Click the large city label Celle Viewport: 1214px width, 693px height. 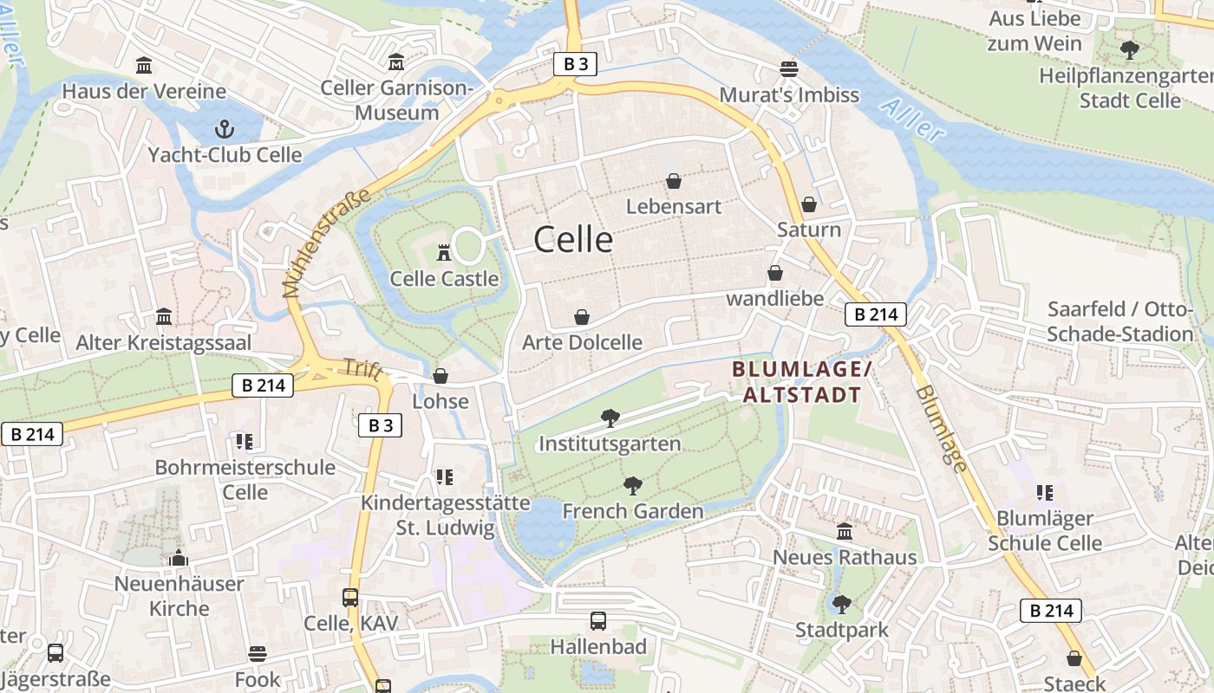tap(573, 239)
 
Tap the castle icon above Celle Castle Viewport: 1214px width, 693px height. tap(444, 252)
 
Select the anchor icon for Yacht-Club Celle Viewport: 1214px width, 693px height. tap(225, 130)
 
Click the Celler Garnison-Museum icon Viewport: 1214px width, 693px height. tap(396, 62)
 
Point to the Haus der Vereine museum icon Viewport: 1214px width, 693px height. tap(144, 66)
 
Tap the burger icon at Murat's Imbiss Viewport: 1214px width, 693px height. tap(788, 69)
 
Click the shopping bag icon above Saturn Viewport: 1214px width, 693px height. tap(808, 204)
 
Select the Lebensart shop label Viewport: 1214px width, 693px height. tap(673, 207)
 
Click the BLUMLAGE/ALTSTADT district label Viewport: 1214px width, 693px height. tap(801, 382)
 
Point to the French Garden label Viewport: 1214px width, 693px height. tap(633, 511)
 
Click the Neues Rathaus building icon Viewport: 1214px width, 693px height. tap(844, 532)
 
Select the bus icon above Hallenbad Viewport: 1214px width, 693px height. tap(598, 621)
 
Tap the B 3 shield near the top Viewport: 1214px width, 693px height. tap(576, 63)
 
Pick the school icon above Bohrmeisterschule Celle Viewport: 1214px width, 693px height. tap(245, 442)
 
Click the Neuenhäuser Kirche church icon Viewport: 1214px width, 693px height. tap(179, 558)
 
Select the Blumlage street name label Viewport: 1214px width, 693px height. tap(942, 429)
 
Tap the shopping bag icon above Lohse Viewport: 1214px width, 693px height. tap(441, 376)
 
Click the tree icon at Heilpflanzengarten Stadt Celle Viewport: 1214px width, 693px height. tap(1129, 50)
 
